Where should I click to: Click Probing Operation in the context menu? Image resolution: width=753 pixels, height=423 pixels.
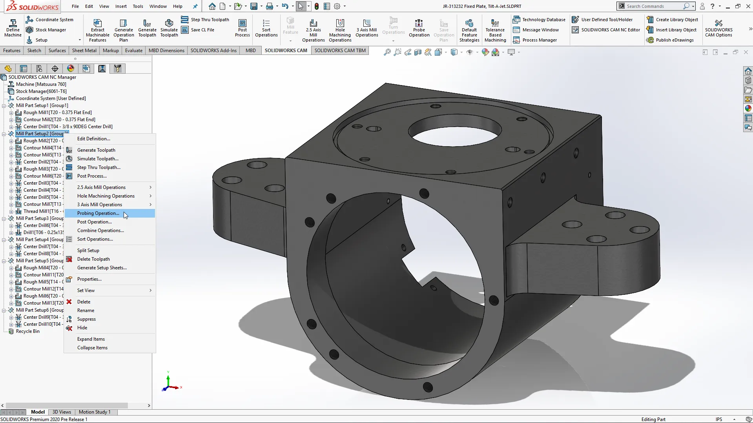(98, 213)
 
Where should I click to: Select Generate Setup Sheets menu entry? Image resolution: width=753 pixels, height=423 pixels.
(102, 268)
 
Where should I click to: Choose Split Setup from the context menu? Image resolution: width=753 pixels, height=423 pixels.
(88, 251)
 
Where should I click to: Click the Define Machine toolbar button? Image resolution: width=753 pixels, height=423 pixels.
(13, 28)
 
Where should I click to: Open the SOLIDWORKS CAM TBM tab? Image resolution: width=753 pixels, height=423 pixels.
(340, 51)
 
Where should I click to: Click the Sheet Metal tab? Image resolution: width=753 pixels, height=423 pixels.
(84, 51)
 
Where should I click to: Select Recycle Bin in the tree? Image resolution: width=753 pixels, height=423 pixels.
(27, 331)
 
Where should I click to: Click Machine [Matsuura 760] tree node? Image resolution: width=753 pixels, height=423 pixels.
(41, 84)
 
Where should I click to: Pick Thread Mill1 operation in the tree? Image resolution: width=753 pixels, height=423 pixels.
(41, 211)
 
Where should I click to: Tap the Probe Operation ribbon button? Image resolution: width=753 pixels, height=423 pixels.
(419, 28)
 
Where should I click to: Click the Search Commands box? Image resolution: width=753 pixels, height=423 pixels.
(653, 6)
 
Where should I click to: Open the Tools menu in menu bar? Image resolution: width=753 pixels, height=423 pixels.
(138, 6)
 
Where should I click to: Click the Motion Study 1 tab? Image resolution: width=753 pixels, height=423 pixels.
(94, 412)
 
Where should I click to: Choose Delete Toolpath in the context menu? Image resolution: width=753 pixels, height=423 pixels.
(93, 259)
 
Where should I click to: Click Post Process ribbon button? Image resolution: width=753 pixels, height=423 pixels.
(242, 28)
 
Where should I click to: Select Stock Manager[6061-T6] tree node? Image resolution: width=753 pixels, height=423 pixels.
(41, 91)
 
